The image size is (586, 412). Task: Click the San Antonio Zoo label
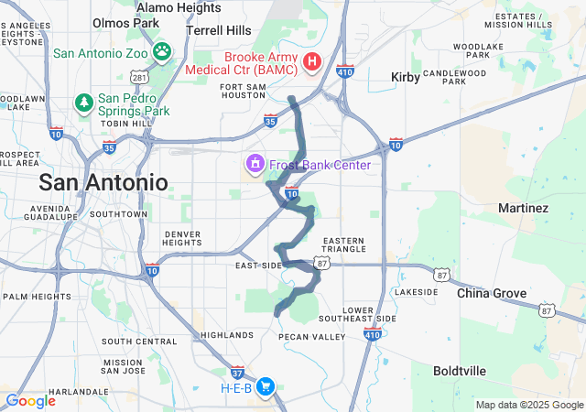pyautogui.click(x=100, y=52)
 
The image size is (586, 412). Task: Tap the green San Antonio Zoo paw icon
pyautogui.click(x=162, y=51)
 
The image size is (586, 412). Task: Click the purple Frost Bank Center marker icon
pyautogui.click(x=254, y=165)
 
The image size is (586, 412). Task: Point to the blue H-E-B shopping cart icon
pyautogui.click(x=266, y=387)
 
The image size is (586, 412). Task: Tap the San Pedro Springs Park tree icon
pyautogui.click(x=83, y=100)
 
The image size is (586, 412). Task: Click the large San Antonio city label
pyautogui.click(x=103, y=182)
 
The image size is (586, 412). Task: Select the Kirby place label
pyautogui.click(x=406, y=78)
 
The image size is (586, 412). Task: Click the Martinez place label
pyautogui.click(x=523, y=208)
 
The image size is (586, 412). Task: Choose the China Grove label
pyautogui.click(x=493, y=293)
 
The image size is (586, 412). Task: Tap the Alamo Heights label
pyautogui.click(x=179, y=8)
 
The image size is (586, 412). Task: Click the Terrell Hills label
pyautogui.click(x=218, y=29)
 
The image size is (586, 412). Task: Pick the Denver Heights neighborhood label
pyautogui.click(x=182, y=238)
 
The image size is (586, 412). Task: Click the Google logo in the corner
pyautogui.click(x=30, y=400)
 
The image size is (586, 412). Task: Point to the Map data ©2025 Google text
pyautogui.click(x=528, y=405)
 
